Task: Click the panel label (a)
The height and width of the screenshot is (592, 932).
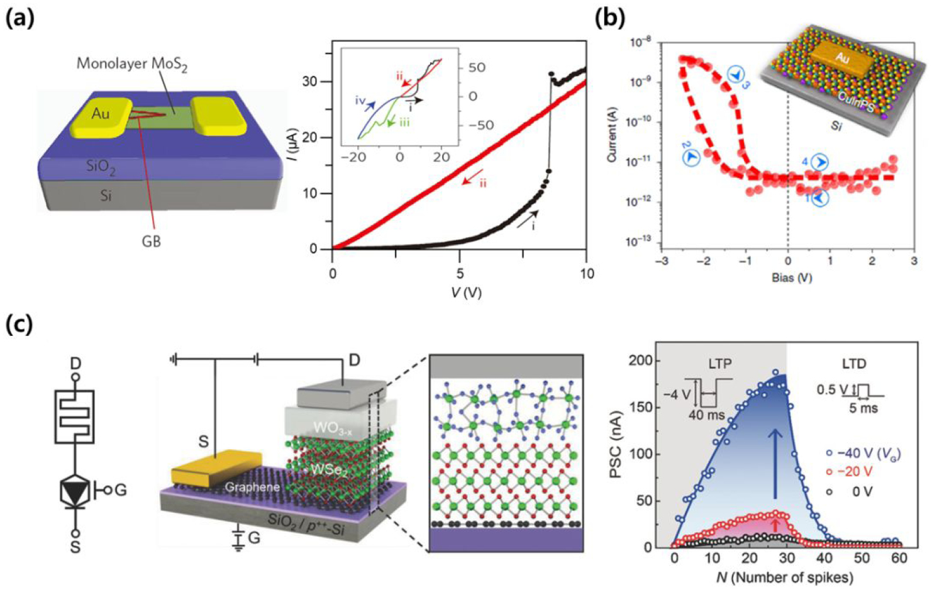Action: (x=19, y=18)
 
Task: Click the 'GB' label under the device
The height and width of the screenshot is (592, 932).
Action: (x=152, y=240)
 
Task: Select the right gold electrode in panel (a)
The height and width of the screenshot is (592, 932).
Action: (x=219, y=116)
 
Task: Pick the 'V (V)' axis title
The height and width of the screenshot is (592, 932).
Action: (x=465, y=292)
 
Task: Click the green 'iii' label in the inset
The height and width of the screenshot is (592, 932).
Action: (x=403, y=123)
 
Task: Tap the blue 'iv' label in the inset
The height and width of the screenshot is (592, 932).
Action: (x=360, y=101)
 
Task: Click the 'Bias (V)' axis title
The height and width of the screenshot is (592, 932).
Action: (x=791, y=277)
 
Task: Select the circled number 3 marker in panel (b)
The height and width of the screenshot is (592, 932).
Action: (x=738, y=78)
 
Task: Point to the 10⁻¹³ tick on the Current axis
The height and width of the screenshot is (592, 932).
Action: (x=642, y=242)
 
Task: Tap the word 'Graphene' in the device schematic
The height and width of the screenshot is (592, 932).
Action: (x=252, y=487)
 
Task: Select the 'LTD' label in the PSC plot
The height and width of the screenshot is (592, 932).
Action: (x=853, y=364)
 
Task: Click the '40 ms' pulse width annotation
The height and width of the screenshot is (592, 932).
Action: (x=705, y=415)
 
